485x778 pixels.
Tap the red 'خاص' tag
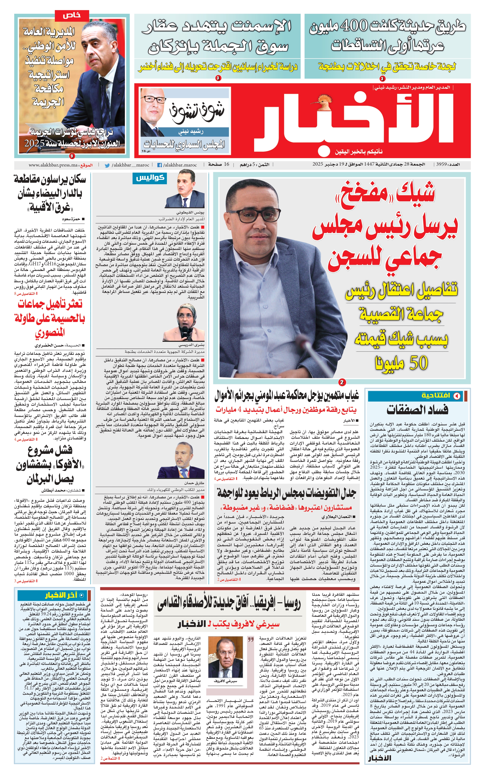click(71, 15)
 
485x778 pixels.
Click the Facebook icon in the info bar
click(159, 165)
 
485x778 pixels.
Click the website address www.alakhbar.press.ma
click(53, 165)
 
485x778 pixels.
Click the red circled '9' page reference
click(71, 156)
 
